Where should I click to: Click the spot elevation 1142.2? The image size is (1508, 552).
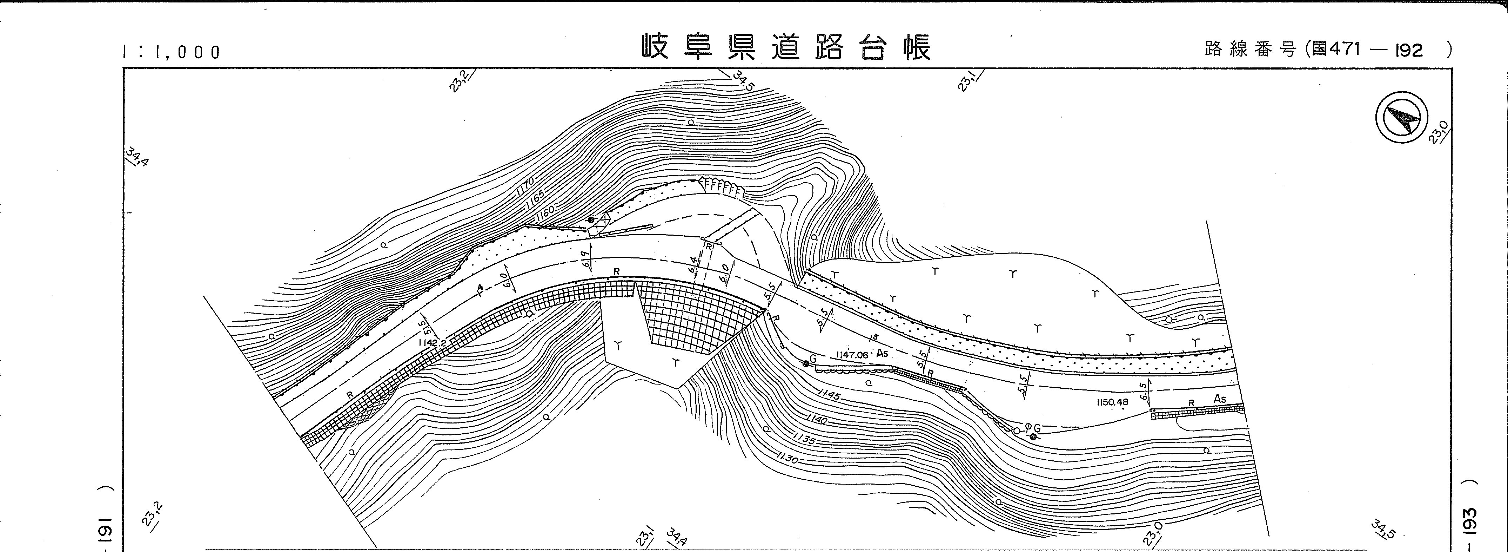[x=432, y=343]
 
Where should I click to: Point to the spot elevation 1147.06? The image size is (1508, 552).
[x=852, y=355]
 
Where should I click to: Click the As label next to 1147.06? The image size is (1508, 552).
[x=882, y=354]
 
